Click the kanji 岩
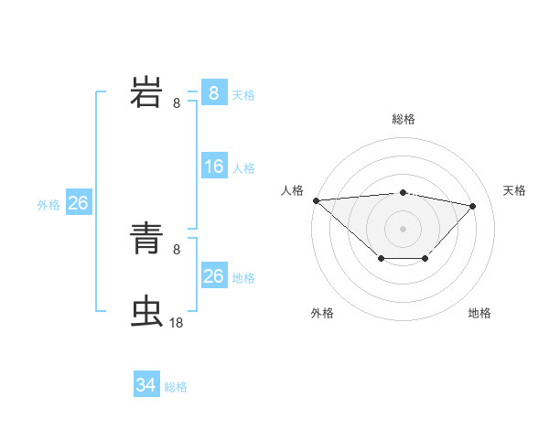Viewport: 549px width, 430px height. (147, 93)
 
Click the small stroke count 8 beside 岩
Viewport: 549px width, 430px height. (177, 103)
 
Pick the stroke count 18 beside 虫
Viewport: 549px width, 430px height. (177, 322)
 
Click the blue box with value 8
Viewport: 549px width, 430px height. (213, 93)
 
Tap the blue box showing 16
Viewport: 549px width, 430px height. (213, 167)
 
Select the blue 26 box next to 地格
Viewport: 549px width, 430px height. (213, 276)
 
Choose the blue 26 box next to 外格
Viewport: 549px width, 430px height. (78, 203)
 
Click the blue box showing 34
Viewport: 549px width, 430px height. (145, 386)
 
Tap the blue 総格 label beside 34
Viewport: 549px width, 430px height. (176, 387)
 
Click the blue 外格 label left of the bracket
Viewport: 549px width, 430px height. (48, 205)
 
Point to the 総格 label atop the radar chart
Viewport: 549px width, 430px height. (404, 119)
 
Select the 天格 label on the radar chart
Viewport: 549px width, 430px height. (515, 190)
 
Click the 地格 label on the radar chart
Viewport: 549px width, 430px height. (479, 313)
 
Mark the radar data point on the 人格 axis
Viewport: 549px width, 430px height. (316, 200)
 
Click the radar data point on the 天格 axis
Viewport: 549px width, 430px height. (473, 206)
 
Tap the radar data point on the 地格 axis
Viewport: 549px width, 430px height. (425, 259)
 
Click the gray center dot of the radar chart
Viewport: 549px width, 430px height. (404, 228)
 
